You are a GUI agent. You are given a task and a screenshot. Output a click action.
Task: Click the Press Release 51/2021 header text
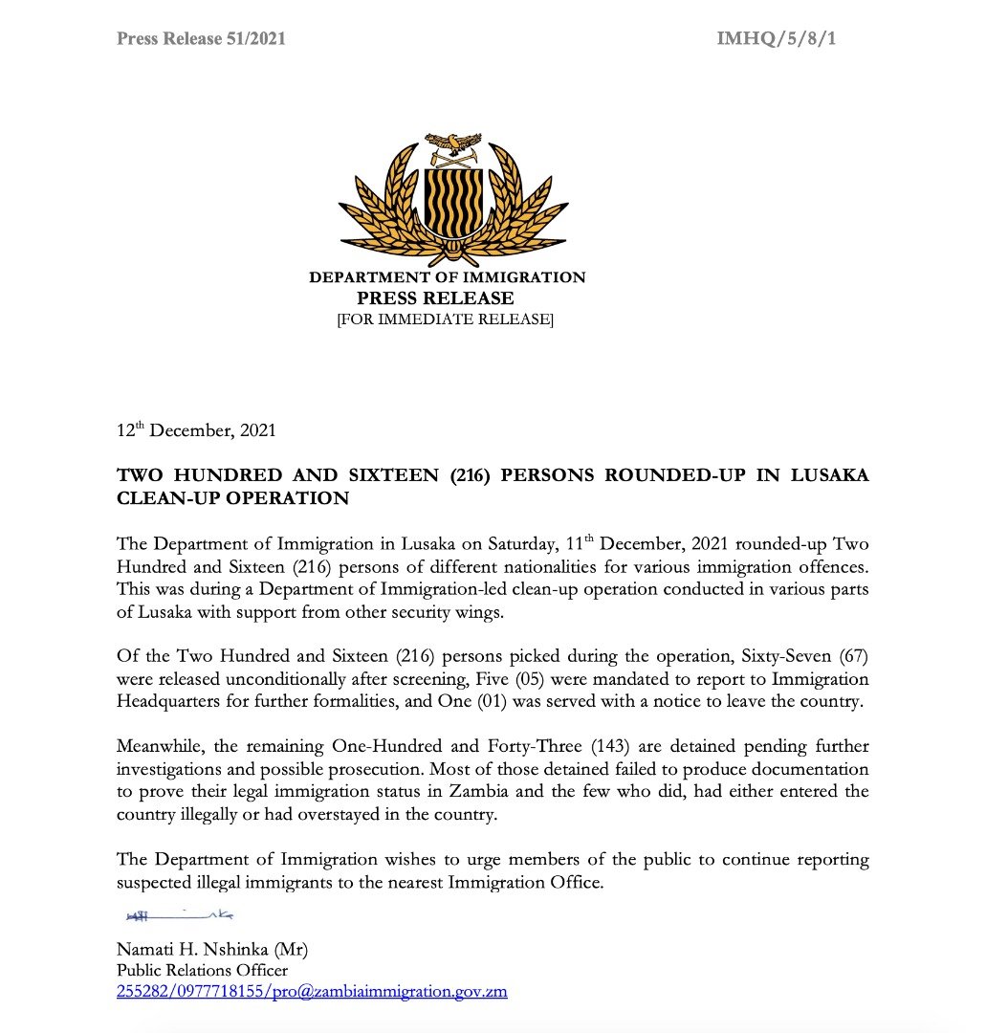201,39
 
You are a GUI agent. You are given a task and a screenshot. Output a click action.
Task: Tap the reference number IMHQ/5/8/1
778,39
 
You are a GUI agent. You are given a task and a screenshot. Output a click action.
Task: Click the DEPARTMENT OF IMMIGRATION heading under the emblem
447,278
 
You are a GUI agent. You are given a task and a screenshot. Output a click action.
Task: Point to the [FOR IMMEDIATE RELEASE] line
445,319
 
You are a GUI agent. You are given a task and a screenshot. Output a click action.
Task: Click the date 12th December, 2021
196,430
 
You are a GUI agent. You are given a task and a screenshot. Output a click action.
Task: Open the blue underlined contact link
312,992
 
